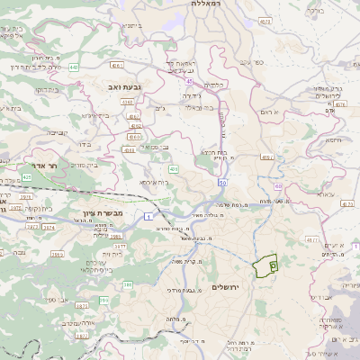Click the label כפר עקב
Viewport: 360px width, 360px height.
click(251, 62)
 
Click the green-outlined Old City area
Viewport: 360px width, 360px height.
click(265, 266)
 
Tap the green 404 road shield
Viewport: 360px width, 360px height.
click(173, 168)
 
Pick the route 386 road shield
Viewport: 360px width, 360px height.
click(127, 285)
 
